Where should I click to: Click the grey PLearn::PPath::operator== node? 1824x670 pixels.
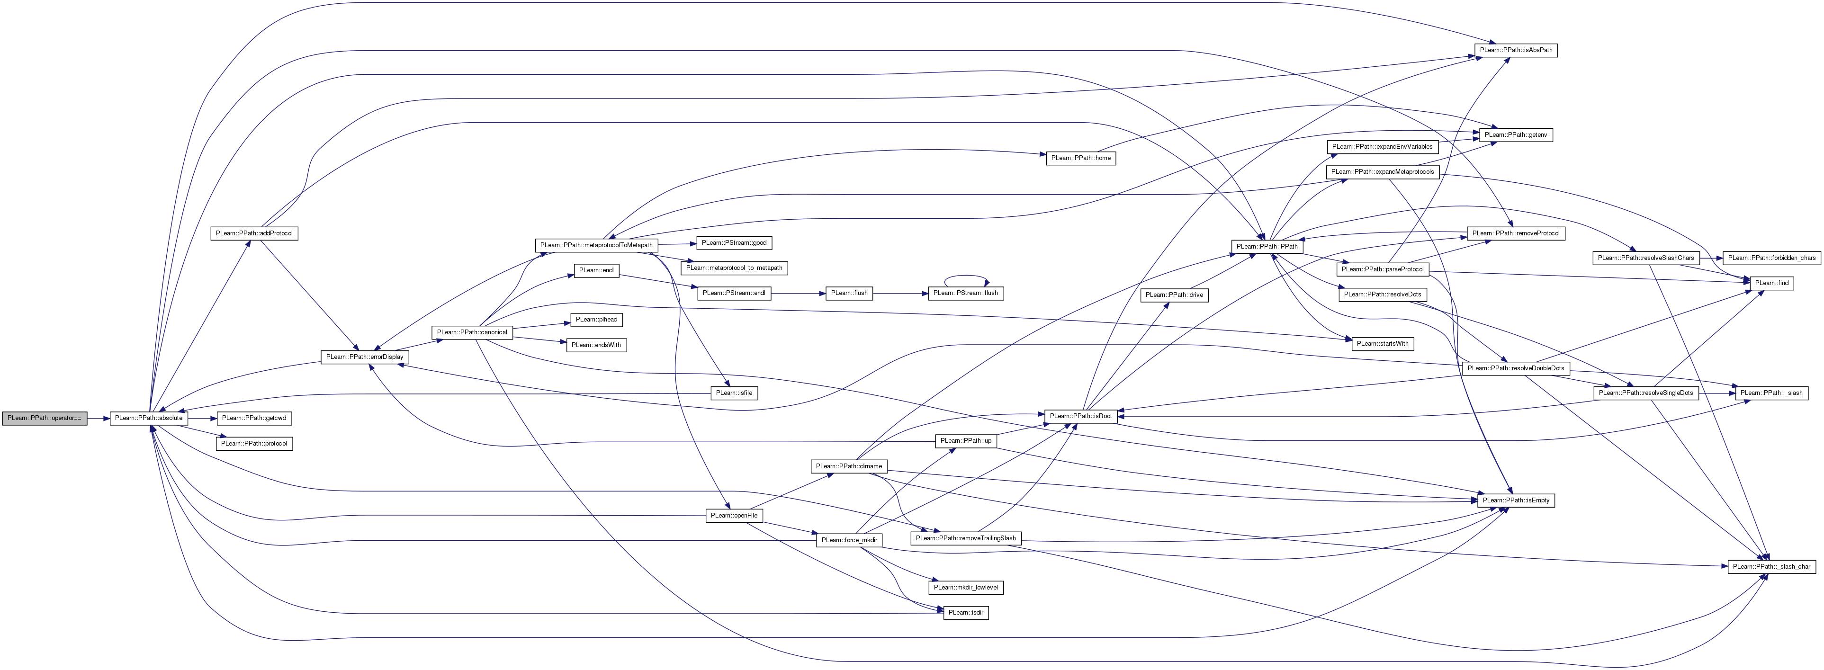click(44, 418)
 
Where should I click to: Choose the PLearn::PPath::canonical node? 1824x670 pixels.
click(472, 332)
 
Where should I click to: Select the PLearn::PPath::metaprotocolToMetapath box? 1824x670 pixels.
click(596, 245)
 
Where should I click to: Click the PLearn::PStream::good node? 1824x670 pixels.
click(734, 243)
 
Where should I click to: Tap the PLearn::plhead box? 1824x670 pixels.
click(597, 320)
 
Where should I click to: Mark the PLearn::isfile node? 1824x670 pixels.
click(734, 393)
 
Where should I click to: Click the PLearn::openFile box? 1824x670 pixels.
click(734, 516)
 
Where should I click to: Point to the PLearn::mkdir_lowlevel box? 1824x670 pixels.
click(966, 587)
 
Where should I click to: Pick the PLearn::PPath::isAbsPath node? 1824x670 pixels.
click(1516, 50)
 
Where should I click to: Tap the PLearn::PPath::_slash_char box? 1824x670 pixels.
click(1771, 567)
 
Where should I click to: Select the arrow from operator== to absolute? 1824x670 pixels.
click(99, 418)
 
